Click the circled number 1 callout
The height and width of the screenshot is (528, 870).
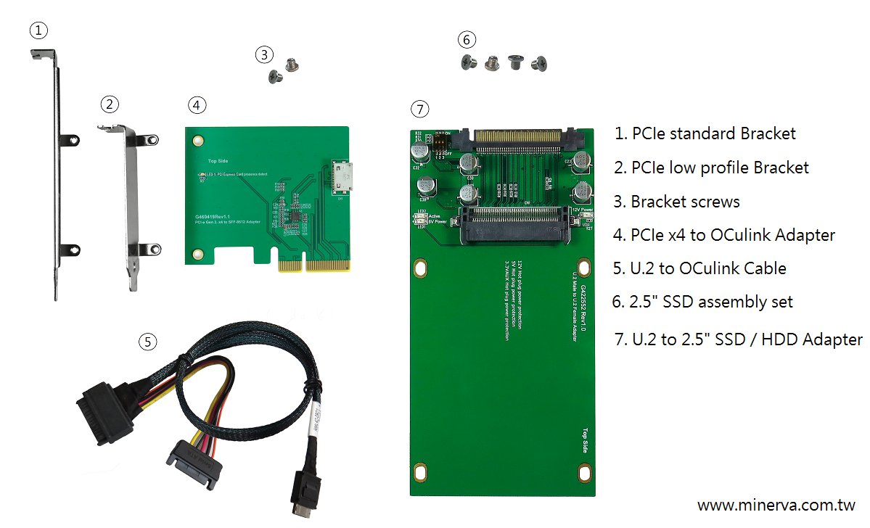[38, 30]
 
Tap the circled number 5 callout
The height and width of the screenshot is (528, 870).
[148, 341]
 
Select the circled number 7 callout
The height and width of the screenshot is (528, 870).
[419, 110]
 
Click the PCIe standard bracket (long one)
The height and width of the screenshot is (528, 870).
[57, 174]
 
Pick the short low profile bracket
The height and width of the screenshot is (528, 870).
[131, 203]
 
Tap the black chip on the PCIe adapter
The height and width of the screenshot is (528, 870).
[297, 217]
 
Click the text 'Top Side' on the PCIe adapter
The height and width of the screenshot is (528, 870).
[218, 161]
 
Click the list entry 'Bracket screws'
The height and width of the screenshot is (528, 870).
[677, 202]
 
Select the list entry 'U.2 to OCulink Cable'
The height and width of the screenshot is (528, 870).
[699, 268]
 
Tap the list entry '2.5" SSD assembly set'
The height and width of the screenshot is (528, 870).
[702, 302]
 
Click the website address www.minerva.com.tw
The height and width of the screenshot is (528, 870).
[776, 505]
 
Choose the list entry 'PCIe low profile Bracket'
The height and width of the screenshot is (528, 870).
[711, 168]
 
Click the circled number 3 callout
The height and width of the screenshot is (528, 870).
[265, 54]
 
